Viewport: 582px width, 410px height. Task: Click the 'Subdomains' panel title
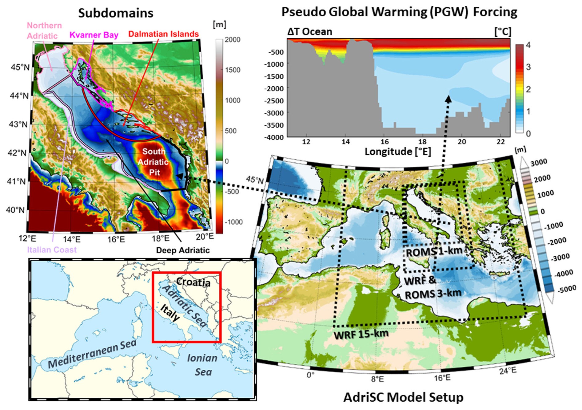pos(115,13)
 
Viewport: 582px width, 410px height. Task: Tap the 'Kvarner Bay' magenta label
pos(94,35)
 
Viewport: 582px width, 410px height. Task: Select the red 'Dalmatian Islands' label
pos(163,34)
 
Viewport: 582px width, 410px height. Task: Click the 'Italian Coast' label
pos(52,250)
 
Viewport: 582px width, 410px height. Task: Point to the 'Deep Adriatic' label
pos(183,250)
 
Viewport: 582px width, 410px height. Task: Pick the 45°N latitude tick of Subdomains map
pos(20,67)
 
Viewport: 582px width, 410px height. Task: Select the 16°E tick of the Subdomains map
pos(116,239)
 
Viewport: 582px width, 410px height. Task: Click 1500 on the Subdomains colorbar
pos(233,70)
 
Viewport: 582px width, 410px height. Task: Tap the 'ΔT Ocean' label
pos(309,31)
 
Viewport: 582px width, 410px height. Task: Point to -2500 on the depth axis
pos(274,101)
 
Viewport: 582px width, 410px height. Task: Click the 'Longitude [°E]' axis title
pos(398,152)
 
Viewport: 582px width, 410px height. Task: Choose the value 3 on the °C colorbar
pos(528,67)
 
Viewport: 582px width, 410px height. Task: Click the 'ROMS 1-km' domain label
pos(434,252)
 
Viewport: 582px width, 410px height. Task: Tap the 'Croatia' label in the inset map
pos(193,282)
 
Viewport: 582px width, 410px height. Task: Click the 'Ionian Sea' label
pos(202,365)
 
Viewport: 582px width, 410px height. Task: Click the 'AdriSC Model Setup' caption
pos(403,397)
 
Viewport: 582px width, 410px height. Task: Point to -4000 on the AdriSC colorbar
pos(564,273)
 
